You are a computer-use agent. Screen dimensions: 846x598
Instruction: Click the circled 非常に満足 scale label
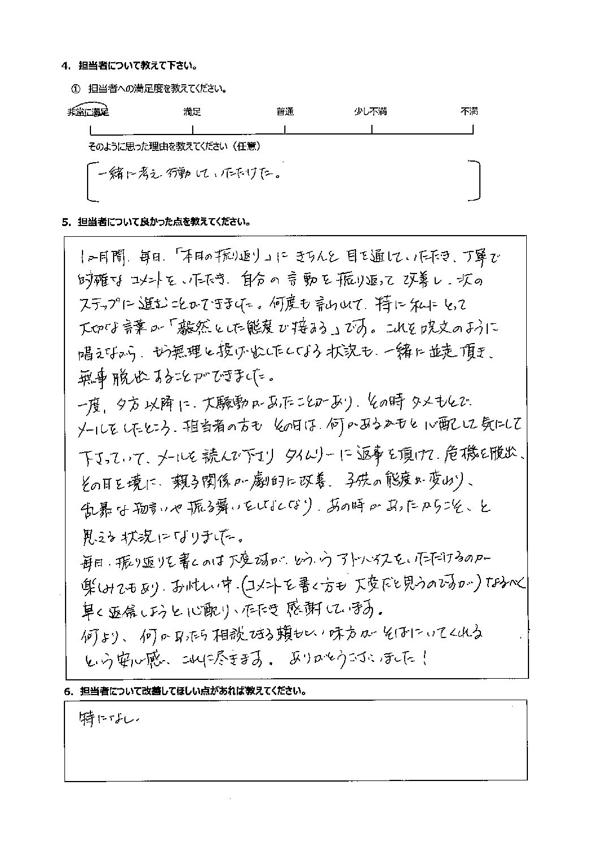[x=88, y=111]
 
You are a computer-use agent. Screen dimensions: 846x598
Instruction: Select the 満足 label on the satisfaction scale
[x=192, y=111]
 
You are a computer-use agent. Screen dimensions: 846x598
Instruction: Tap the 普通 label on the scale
[x=285, y=111]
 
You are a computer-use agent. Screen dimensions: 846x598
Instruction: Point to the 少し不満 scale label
[x=370, y=111]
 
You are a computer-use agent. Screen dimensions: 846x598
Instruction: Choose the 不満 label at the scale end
[x=469, y=111]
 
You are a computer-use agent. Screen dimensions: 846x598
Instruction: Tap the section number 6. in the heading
[x=68, y=691]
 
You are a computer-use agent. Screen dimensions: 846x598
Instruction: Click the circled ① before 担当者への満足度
[x=77, y=89]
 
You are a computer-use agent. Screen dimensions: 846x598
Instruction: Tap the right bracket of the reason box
[x=475, y=180]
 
